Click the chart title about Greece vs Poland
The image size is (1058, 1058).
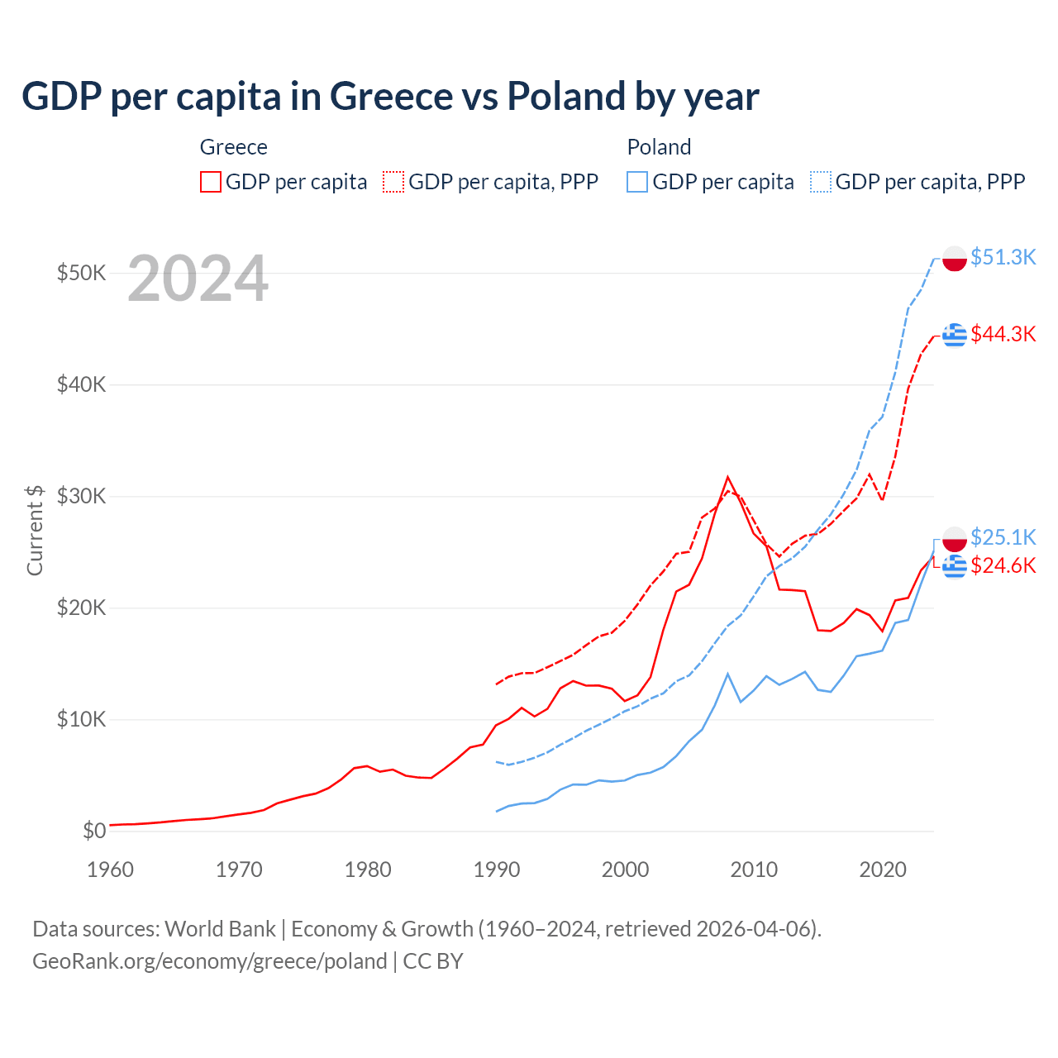tap(389, 97)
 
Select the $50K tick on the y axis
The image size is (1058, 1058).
tap(81, 273)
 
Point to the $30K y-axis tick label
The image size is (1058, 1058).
tap(81, 496)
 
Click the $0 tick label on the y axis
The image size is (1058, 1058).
tap(94, 831)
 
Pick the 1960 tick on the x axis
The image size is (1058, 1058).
tap(110, 870)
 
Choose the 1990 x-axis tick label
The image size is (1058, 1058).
tap(497, 870)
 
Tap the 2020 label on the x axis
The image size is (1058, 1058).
tap(883, 870)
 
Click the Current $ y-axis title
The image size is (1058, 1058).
tap(35, 530)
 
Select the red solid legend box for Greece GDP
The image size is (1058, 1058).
tap(211, 182)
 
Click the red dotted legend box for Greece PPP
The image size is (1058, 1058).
tap(393, 182)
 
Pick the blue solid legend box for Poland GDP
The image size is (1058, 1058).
tap(637, 182)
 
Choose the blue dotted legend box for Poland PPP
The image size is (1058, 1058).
tap(821, 182)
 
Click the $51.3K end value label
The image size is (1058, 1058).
tap(1003, 257)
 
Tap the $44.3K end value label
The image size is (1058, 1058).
tap(1003, 334)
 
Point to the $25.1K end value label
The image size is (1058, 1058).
tap(1003, 537)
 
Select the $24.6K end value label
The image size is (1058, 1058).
tap(1003, 565)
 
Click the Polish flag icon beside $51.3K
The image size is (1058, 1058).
tap(955, 258)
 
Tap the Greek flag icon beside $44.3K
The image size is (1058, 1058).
tap(955, 335)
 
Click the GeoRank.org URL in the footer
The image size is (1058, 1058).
tap(209, 961)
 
